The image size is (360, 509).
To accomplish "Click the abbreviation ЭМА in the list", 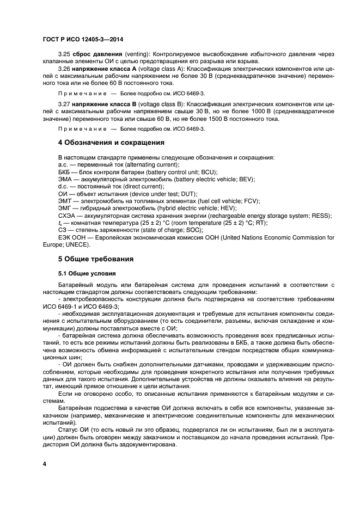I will click(65, 179).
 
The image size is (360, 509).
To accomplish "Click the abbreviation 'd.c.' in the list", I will click(63, 187).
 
